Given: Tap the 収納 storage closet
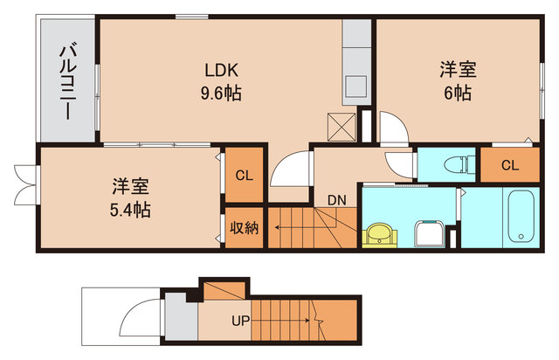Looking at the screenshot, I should [x=245, y=228].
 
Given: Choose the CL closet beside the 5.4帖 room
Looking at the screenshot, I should [x=245, y=176].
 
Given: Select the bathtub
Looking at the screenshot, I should [x=521, y=217].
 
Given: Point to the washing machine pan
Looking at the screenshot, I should [x=430, y=234].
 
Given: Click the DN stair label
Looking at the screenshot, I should [x=337, y=199].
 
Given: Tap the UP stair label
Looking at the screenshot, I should [x=240, y=320].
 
